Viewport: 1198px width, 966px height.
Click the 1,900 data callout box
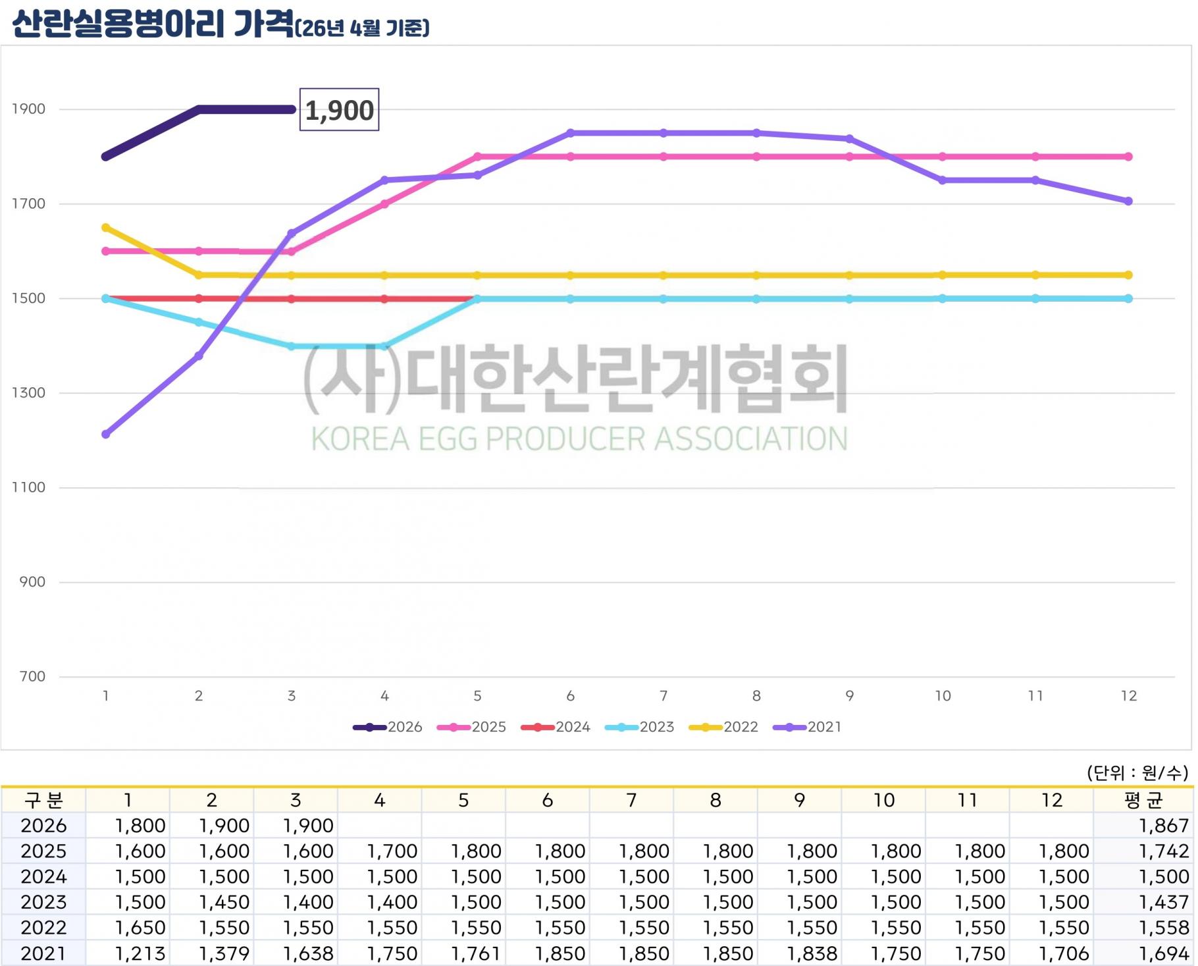[339, 109]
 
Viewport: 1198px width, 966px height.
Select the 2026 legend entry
[388, 727]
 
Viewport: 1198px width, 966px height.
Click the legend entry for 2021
[808, 727]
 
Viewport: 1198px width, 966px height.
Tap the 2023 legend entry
[640, 727]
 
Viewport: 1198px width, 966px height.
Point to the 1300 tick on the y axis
[28, 393]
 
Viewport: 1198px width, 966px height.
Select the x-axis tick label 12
[1128, 696]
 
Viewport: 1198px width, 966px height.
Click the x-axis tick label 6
[571, 696]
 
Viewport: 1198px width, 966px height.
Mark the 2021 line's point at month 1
[106, 435]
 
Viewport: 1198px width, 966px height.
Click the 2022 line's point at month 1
[106, 228]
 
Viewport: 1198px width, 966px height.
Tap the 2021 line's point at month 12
[1128, 201]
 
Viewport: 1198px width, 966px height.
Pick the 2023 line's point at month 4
[385, 346]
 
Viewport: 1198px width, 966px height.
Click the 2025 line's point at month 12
[1128, 157]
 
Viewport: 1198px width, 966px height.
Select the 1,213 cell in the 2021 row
[140, 953]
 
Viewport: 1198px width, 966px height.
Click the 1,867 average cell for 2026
[1164, 826]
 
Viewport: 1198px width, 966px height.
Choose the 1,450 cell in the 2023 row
[224, 902]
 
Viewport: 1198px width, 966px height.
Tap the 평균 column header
[1144, 800]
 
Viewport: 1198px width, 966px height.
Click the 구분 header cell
[43, 800]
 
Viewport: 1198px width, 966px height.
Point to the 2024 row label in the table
[43, 876]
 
